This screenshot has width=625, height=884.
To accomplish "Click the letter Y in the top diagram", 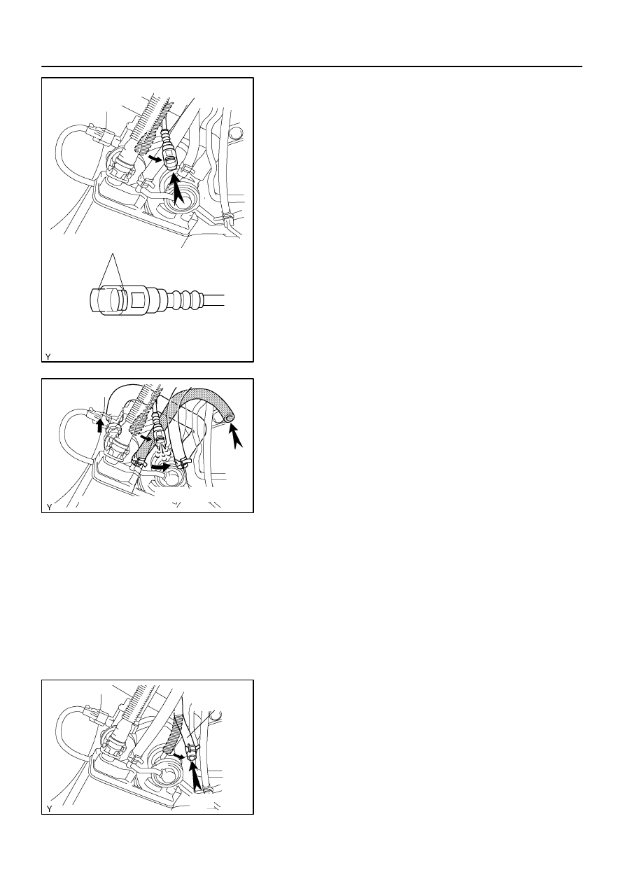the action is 48,357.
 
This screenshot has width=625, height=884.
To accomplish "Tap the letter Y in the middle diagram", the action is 49,507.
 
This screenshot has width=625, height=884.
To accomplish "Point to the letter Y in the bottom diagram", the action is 49,809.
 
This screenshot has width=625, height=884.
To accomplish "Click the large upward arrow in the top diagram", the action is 178,190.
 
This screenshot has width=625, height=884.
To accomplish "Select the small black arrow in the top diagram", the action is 155,159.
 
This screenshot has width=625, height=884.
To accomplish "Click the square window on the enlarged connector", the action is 137,298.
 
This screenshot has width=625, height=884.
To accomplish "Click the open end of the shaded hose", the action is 228,419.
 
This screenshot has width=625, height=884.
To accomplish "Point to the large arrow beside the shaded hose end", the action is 236,436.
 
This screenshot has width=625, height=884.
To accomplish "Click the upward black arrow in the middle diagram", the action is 101,426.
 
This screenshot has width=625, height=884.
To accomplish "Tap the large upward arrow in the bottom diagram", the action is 197,773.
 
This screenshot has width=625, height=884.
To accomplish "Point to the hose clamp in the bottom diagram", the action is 192,746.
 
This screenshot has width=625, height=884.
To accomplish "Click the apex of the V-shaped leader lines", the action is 113,253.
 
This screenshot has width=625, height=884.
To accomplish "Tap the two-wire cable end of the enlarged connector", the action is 214,300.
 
